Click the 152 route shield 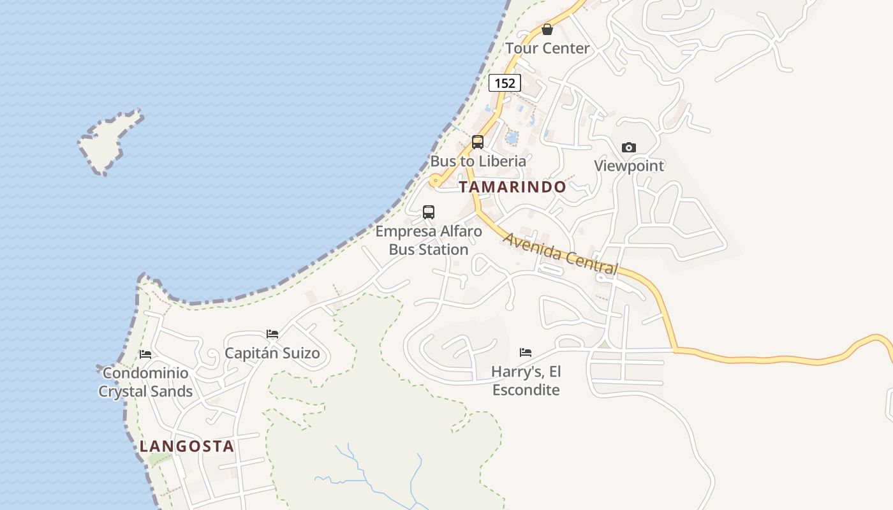[505, 83]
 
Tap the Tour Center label [547, 48]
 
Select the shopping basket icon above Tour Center [547, 29]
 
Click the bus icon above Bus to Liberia [478, 142]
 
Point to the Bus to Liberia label [478, 161]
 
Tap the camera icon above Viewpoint [629, 147]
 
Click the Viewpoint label [629, 166]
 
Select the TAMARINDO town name [512, 187]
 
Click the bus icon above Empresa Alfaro [429, 212]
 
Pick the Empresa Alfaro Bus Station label [429, 240]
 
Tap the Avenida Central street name [561, 254]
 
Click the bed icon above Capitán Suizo [272, 334]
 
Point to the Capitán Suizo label [272, 353]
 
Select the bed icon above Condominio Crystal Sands [145, 354]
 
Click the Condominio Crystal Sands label [145, 382]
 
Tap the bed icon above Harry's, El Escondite [526, 352]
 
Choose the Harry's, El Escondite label [526, 381]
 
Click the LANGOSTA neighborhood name [187, 446]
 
